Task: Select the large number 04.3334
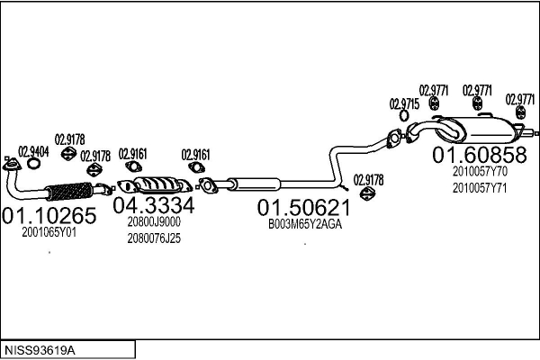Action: click(153, 206)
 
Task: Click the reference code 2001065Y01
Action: click(49, 232)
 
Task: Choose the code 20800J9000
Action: click(154, 222)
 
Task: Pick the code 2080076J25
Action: click(154, 238)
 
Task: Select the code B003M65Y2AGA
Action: click(305, 225)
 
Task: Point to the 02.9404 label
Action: click(34, 150)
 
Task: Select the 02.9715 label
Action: click(404, 104)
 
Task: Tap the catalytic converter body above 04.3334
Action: click(162, 185)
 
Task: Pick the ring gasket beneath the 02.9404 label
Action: click(33, 164)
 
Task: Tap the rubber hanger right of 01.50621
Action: click(365, 195)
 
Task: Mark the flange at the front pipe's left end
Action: click(12, 165)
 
